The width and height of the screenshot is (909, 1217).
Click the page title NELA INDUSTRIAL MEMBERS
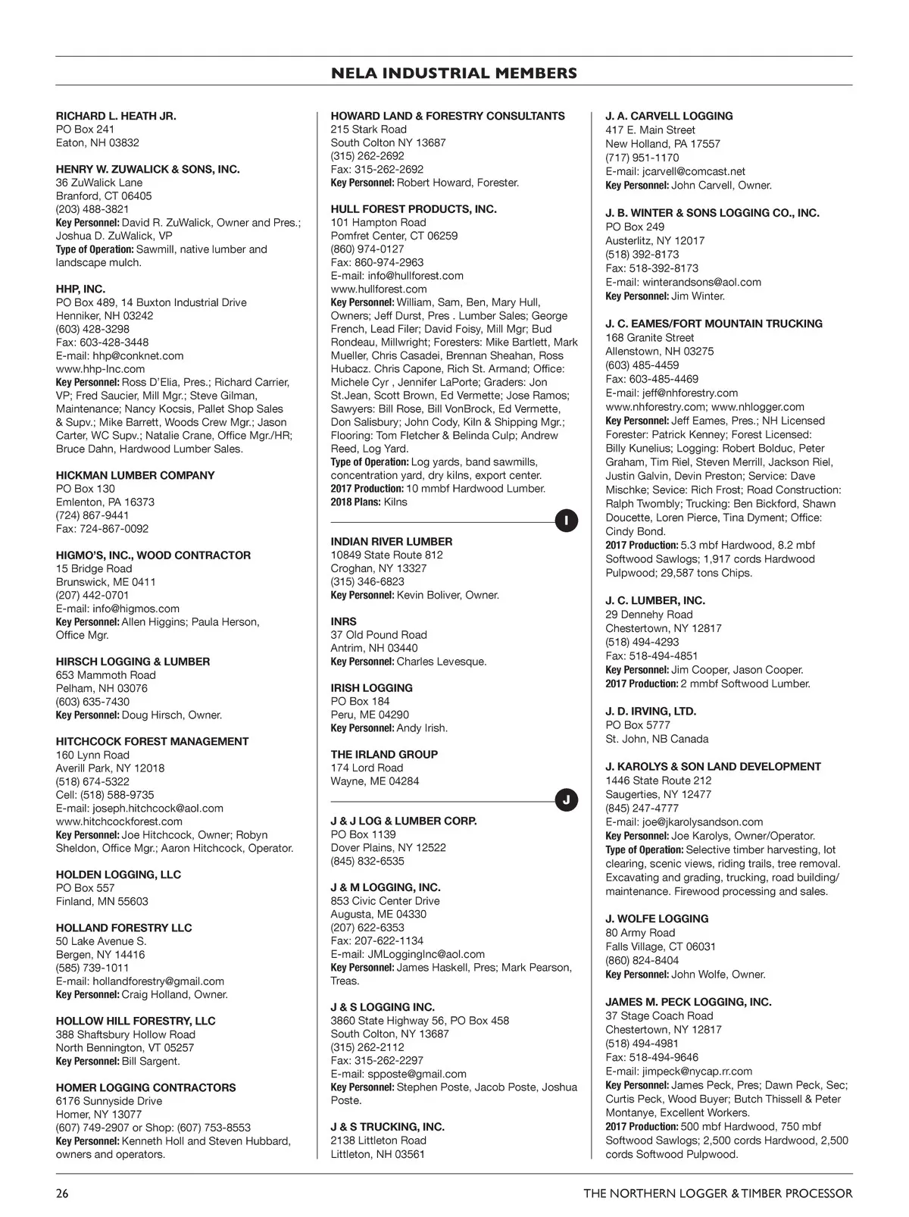pos(454,74)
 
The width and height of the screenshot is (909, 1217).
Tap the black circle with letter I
pos(567,521)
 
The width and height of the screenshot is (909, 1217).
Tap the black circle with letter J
pos(567,800)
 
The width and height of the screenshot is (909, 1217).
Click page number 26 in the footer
pos(62,1194)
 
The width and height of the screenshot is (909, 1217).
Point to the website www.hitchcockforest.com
pos(119,821)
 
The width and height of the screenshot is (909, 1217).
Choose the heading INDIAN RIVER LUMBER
pos(392,542)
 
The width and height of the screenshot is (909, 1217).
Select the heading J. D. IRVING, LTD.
pos(651,712)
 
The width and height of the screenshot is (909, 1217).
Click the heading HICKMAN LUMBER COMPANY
pos(135,476)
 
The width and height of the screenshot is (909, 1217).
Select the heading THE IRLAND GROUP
pos(384,755)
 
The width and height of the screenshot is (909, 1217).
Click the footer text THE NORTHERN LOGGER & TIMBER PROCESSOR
pos(717,1194)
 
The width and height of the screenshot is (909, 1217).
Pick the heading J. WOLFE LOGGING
pos(657,919)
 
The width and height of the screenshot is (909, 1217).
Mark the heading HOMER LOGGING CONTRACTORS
pos(145,1088)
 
